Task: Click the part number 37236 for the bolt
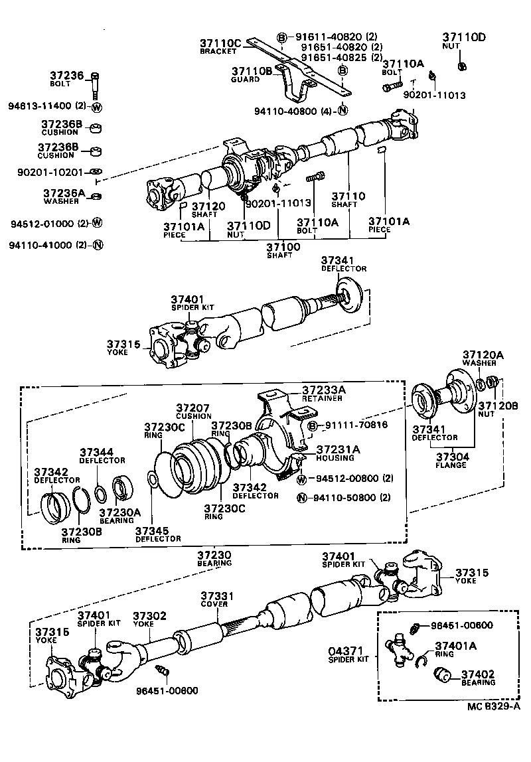click(x=68, y=76)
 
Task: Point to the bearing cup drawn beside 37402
click(x=441, y=676)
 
